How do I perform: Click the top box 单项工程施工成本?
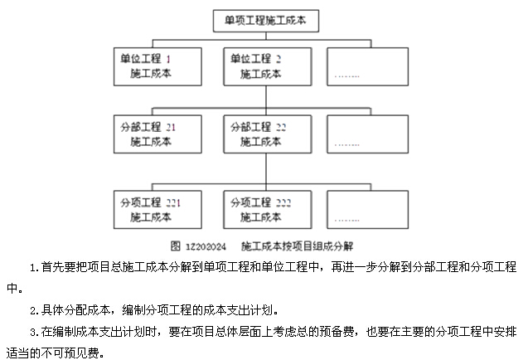coord(264,20)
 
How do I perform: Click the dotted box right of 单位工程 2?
coord(366,66)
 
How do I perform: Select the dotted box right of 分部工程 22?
coord(366,135)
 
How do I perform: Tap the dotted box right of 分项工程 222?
coord(366,210)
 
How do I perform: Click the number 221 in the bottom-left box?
coord(172,202)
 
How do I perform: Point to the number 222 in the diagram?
coord(283,202)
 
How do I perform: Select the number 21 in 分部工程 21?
coord(171,128)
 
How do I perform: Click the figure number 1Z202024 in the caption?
coord(207,246)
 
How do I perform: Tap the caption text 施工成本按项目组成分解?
coord(297,246)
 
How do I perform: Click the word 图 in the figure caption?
coord(176,246)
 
